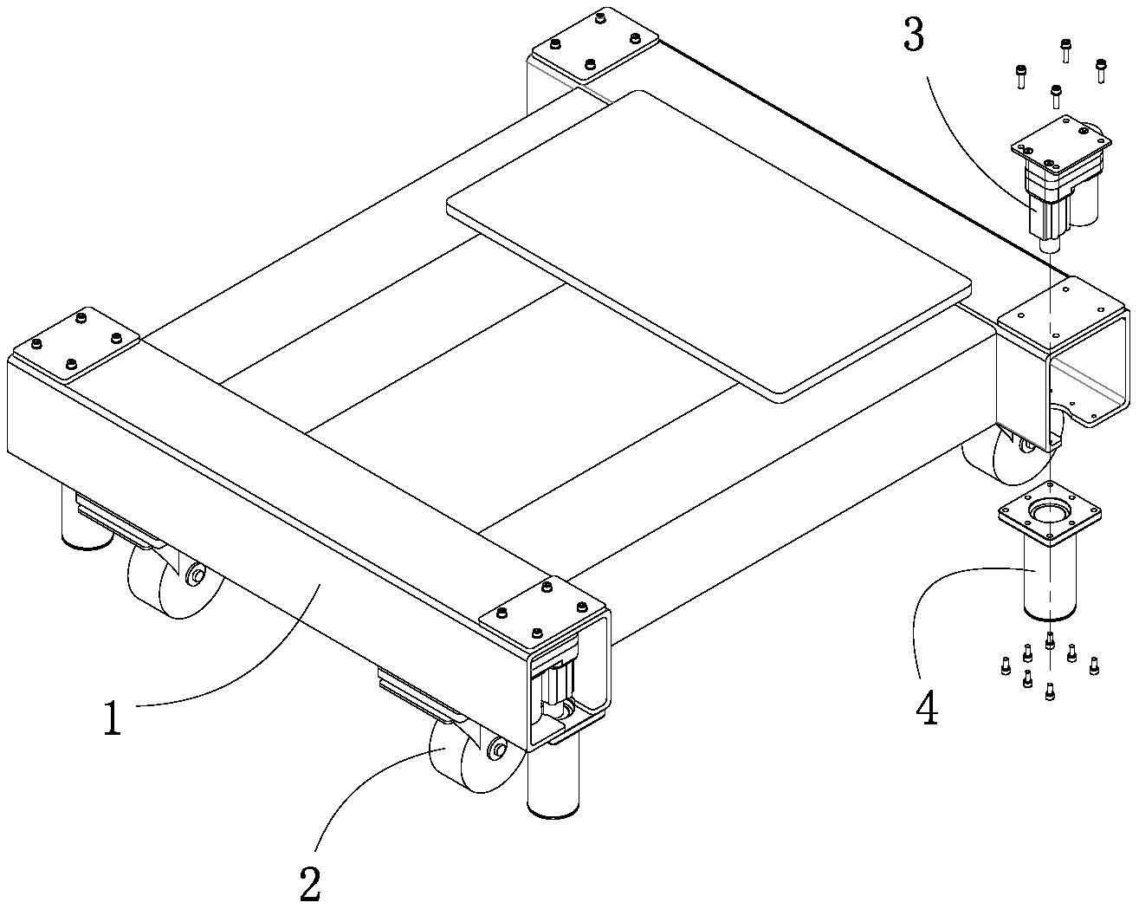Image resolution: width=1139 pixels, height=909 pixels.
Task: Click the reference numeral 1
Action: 113,717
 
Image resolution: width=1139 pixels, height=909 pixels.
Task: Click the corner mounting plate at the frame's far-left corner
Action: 76,344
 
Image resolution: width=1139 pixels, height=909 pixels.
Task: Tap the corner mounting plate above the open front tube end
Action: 541,614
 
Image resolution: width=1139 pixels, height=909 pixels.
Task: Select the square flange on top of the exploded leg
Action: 1050,513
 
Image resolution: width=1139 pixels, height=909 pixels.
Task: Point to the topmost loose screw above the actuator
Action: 1066,50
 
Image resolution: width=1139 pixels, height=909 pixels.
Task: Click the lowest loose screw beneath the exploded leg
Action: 1051,691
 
